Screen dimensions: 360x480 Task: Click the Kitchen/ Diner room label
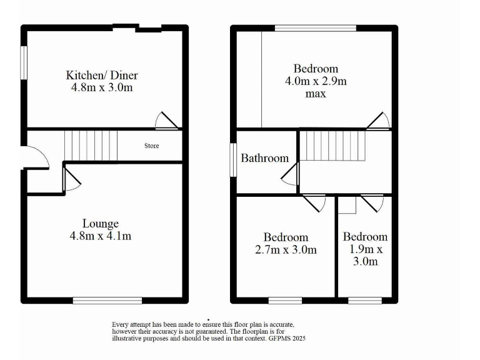click(x=102, y=76)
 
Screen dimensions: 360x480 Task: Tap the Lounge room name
click(x=101, y=223)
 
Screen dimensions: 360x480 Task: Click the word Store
click(x=152, y=146)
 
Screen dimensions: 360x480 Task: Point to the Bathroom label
click(x=265, y=158)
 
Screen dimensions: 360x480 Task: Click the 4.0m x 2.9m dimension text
click(x=316, y=81)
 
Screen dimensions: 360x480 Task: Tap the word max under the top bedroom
click(x=316, y=94)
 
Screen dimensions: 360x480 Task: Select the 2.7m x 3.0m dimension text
click(x=286, y=250)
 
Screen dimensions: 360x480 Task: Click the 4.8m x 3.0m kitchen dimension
click(x=102, y=88)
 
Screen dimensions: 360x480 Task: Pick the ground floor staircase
click(x=91, y=145)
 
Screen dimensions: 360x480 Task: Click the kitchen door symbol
click(x=167, y=121)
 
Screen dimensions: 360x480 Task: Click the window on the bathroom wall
click(x=232, y=160)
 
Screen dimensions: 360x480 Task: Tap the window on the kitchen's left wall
click(x=23, y=63)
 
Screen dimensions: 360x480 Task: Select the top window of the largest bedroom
click(x=316, y=27)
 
